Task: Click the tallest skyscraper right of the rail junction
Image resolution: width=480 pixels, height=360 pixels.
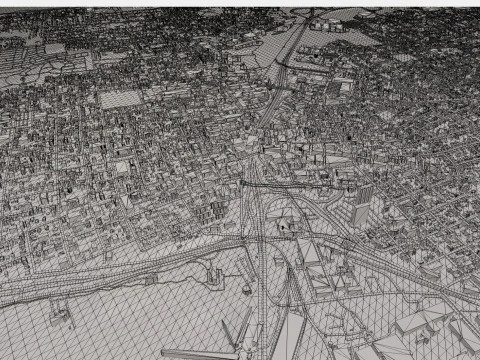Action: [362, 204]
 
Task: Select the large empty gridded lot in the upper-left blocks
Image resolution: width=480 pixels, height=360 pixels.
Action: [121, 98]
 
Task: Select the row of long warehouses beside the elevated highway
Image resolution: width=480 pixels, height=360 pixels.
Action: [318, 265]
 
